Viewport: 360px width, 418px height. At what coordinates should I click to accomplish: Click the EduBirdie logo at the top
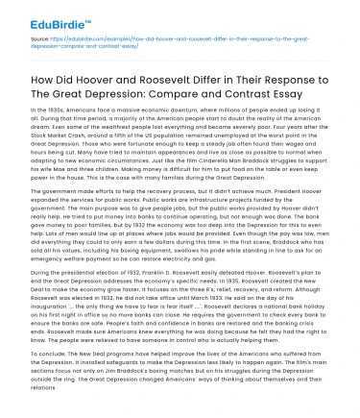37,12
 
